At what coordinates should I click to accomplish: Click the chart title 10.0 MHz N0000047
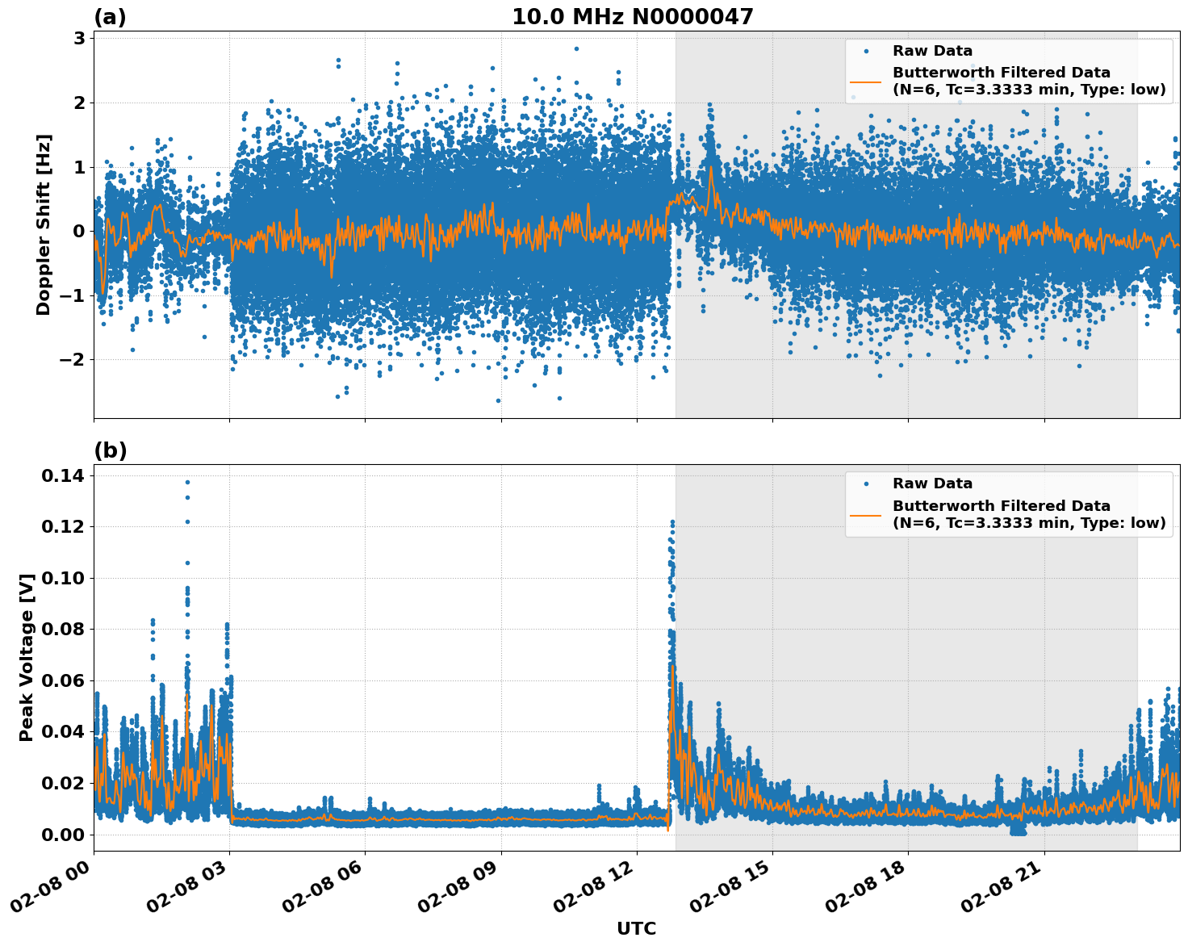(632, 17)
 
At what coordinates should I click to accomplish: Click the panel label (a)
(110, 17)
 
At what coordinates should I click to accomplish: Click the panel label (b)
(111, 450)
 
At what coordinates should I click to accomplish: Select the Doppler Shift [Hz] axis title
(44, 224)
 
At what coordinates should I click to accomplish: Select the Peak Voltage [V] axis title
(27, 657)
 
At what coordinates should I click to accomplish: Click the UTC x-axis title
(636, 928)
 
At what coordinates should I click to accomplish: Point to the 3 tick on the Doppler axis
(79, 38)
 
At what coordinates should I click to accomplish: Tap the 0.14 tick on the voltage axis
(62, 476)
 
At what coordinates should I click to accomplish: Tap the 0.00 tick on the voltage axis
(62, 835)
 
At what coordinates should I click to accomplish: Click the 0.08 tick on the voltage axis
(62, 630)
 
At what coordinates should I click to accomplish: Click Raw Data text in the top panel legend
(932, 51)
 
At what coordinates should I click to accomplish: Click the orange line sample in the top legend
(866, 82)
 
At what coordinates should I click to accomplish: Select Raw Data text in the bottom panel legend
(932, 483)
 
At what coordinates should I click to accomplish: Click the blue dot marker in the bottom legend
(866, 484)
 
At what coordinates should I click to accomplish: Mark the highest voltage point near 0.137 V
(187, 482)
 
